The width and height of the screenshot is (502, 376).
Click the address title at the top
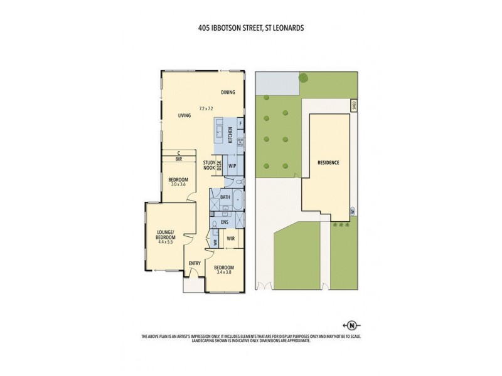pos(250,28)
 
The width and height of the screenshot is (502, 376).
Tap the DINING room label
pos(228,93)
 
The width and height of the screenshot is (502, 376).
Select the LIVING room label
pos(184,115)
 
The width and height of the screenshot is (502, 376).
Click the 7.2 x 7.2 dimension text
pos(207,108)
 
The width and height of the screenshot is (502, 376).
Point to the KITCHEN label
pos(231,133)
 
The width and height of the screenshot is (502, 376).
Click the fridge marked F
pos(240,123)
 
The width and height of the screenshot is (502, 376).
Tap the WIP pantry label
pos(232,166)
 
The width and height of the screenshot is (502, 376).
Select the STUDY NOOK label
pos(209,165)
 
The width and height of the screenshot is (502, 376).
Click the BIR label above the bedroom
pos(179,159)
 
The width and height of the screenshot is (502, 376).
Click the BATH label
pos(225,197)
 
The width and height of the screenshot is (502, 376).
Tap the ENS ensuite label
pos(224,222)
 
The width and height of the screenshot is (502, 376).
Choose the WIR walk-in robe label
pos(230,239)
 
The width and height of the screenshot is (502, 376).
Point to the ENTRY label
pos(194,263)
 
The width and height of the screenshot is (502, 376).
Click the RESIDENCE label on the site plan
pos(328,163)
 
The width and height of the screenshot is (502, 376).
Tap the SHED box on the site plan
pos(353,105)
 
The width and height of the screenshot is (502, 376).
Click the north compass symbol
pos(352,325)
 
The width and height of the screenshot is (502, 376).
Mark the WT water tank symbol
pos(353,213)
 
